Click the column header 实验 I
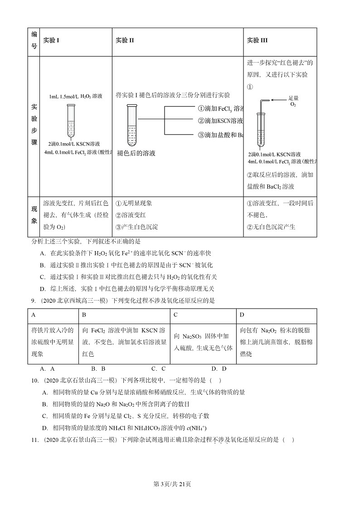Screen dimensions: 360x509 click(x=51, y=40)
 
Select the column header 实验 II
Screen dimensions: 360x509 click(x=125, y=40)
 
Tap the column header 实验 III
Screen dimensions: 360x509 click(x=257, y=40)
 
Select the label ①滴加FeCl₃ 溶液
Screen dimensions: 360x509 click(x=221, y=109)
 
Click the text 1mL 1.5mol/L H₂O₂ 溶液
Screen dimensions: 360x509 click(x=76, y=96)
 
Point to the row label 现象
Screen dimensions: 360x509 click(x=34, y=215)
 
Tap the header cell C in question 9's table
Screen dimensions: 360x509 click(x=175, y=315)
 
